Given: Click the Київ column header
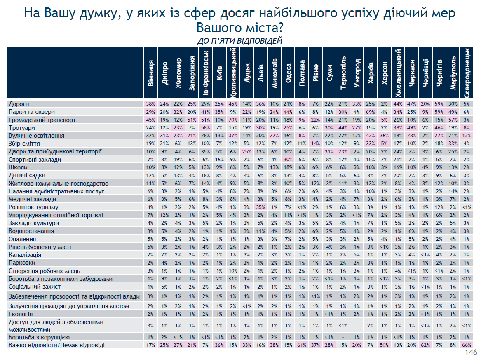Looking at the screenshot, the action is coord(219,73).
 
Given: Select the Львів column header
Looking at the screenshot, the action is coord(261,73).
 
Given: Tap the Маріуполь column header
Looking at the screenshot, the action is coord(453,73).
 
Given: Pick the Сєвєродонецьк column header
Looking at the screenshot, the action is coord(467,73).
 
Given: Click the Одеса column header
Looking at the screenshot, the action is coord(289,73).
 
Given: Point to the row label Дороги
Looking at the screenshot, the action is coord(19,104).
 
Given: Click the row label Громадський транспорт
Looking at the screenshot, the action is coord(42,120).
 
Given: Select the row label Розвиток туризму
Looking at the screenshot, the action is coord(33,207).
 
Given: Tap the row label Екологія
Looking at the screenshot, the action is coord(21,314).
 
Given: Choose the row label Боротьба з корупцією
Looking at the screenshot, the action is coord(39,337).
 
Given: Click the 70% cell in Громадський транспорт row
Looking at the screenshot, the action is coord(233,120).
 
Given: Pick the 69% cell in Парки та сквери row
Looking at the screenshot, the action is coord(370,112).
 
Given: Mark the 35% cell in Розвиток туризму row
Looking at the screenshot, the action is coord(260,207).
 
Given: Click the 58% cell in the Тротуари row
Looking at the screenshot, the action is coord(206,128).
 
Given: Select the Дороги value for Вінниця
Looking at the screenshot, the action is coord(150,104).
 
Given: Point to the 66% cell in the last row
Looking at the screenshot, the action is coord(467,345).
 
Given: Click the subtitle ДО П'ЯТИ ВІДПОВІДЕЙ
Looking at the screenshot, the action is coord(239,41).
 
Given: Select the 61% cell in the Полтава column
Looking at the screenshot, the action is coord(302,345).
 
